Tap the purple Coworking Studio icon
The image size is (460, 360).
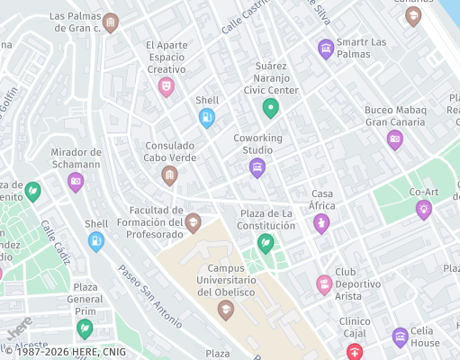257,167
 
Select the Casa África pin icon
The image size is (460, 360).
321,222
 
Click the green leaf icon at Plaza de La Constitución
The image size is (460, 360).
265,243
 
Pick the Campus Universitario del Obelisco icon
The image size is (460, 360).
226,310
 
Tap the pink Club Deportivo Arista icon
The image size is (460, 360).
324,284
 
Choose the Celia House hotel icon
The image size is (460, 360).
401,337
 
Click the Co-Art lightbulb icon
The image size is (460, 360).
423,209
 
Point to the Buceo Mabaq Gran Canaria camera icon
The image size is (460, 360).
394,139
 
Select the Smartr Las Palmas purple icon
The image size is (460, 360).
326,47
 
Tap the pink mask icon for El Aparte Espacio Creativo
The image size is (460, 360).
166,86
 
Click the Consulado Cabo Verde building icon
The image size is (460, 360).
169,175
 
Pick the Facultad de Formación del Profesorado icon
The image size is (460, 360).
193,221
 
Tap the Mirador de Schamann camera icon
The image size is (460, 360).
76,182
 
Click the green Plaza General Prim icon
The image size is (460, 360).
85,328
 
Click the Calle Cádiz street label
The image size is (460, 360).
54,242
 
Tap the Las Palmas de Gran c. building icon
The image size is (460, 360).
111,22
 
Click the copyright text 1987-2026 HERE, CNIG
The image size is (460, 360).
65,352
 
